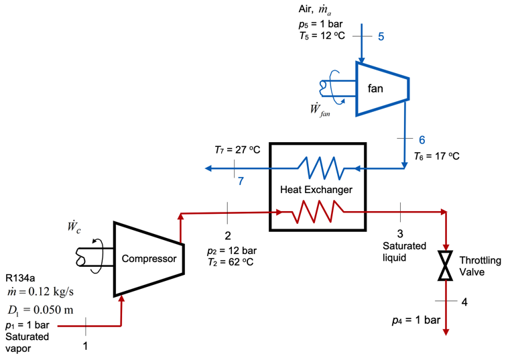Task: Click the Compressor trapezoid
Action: click(149, 259)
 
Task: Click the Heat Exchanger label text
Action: click(316, 190)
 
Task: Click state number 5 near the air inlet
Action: click(381, 36)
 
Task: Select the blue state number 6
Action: click(422, 140)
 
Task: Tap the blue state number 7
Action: click(241, 181)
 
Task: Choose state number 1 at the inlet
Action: click(85, 347)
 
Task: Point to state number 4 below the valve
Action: click(464, 302)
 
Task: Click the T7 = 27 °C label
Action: click(231, 149)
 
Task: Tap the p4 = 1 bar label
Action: click(416, 320)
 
